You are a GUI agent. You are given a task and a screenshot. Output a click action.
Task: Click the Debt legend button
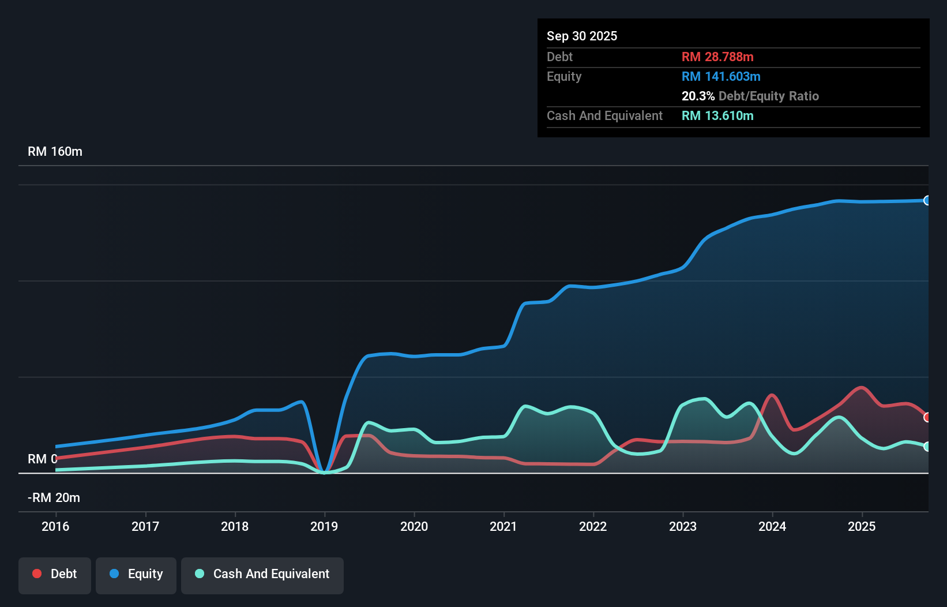(x=54, y=575)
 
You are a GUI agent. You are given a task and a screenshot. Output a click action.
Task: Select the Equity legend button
(x=136, y=575)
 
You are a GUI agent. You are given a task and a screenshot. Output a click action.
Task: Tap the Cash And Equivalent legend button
(x=262, y=575)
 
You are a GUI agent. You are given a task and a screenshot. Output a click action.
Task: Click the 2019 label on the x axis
(x=324, y=526)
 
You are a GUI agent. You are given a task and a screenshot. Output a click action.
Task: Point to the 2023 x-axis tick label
(x=683, y=526)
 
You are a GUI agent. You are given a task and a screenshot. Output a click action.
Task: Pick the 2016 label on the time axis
(x=55, y=526)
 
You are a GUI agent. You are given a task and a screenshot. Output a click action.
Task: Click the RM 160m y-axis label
(x=55, y=152)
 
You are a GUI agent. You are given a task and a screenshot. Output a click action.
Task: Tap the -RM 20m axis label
(x=54, y=498)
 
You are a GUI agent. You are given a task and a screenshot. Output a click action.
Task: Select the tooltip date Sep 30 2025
(x=581, y=36)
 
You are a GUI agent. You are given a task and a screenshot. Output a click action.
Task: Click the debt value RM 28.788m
(x=717, y=57)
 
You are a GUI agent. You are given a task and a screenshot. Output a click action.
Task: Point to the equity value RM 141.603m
(x=721, y=76)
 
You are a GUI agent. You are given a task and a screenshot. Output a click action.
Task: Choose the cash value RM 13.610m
(x=717, y=115)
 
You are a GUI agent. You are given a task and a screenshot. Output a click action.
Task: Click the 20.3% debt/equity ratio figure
(x=698, y=96)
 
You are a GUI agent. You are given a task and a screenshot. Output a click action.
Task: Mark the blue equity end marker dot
(x=927, y=200)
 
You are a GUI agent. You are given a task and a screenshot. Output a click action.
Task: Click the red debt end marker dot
(x=927, y=417)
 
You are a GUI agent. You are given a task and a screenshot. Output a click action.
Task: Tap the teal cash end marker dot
(x=927, y=447)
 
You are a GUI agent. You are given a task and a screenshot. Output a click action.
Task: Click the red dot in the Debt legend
(x=37, y=574)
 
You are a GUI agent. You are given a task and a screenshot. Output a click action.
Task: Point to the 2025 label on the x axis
(x=862, y=526)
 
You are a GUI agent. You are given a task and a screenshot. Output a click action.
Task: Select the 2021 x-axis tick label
(x=503, y=526)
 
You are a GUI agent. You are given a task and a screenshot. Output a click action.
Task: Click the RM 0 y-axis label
(x=42, y=459)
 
